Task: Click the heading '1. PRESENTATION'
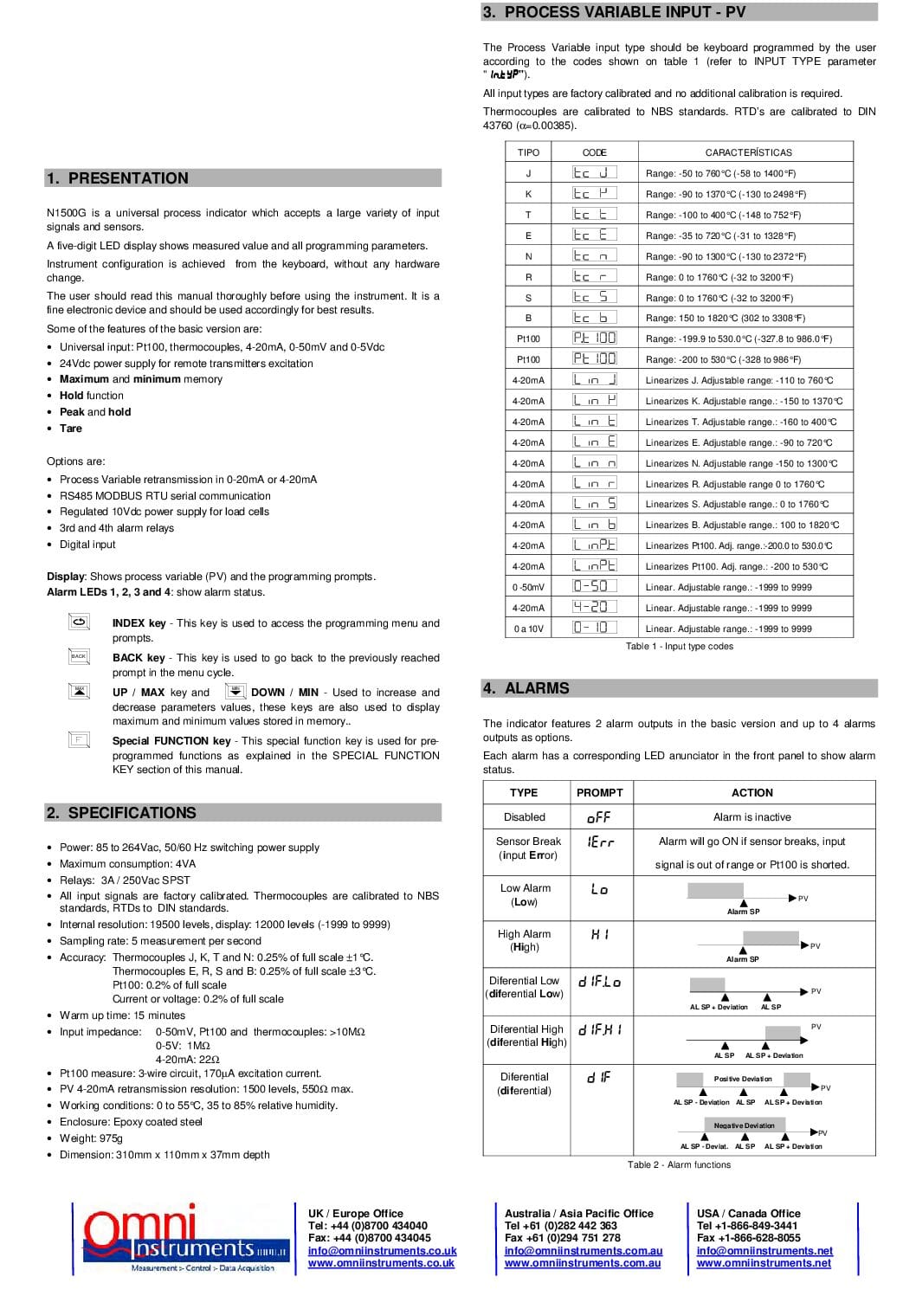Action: tap(118, 178)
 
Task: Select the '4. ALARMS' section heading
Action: tap(526, 688)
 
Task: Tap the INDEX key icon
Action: tap(80, 622)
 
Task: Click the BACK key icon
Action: tap(79, 656)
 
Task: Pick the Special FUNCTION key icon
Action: tap(79, 739)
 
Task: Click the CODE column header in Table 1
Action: tap(594, 152)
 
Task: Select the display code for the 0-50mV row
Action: tap(595, 586)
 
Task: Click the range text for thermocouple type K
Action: tap(726, 194)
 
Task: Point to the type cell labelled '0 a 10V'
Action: tap(528, 629)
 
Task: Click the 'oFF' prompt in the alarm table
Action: tap(599, 817)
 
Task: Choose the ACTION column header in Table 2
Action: tap(752, 792)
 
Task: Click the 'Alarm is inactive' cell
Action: tap(752, 817)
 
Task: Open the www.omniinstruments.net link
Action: tap(763, 1263)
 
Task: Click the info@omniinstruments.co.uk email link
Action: tap(382, 1251)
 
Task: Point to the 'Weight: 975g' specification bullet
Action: tap(91, 1138)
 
